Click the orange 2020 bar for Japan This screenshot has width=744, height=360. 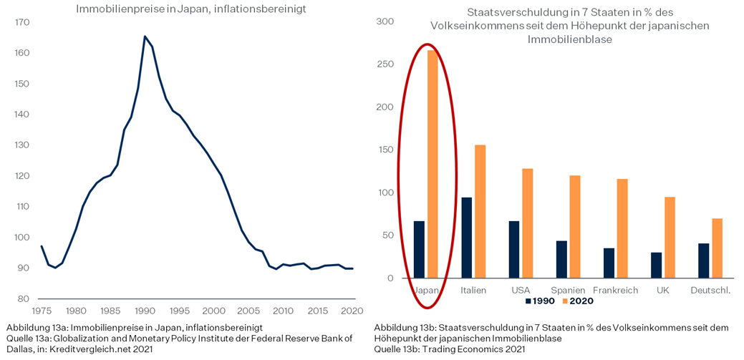[x=433, y=164]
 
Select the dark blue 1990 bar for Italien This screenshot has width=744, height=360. [x=466, y=238]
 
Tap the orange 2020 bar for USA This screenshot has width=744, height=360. [x=527, y=223]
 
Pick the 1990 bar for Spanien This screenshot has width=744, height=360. [x=561, y=259]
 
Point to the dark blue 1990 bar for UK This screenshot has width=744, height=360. [x=656, y=265]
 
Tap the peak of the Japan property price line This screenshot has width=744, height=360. [x=145, y=37]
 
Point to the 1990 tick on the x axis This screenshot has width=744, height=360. [x=145, y=311]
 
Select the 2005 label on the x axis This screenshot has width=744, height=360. [x=248, y=311]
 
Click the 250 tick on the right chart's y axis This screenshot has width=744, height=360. [x=386, y=64]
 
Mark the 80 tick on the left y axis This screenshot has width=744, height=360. [x=23, y=298]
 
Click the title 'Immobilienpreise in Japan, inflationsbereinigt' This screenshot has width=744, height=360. [x=191, y=9]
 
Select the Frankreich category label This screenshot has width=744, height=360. [x=615, y=290]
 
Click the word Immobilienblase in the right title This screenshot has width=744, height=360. [x=570, y=39]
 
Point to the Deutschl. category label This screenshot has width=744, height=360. [x=710, y=290]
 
